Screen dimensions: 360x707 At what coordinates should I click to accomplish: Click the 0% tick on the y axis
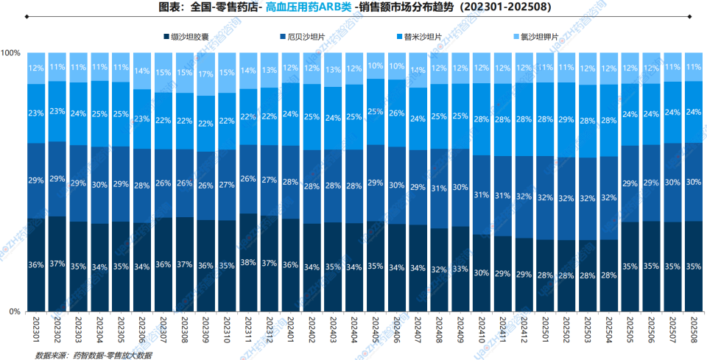pyautogui.click(x=15, y=312)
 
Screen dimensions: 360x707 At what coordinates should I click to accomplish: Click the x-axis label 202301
pyautogui.click(x=36, y=328)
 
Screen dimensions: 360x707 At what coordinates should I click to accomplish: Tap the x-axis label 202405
pyautogui.click(x=376, y=328)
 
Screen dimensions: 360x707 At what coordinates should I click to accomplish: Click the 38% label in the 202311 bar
pyautogui.click(x=249, y=262)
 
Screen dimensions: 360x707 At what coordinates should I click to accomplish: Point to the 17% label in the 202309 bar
pyautogui.click(x=206, y=74)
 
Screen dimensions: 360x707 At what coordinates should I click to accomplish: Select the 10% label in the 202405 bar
pyautogui.click(x=376, y=66)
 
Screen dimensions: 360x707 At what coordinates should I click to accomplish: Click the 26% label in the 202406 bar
pyautogui.click(x=397, y=113)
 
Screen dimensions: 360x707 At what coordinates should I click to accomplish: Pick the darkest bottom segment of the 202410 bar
pyautogui.click(x=482, y=273)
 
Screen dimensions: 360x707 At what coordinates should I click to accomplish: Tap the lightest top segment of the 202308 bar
pyautogui.click(x=185, y=73)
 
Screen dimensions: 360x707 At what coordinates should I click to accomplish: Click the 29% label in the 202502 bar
pyautogui.click(x=566, y=119)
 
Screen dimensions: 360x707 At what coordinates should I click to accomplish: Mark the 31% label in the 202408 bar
pyautogui.click(x=440, y=188)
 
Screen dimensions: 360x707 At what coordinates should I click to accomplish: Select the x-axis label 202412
pyautogui.click(x=524, y=328)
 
